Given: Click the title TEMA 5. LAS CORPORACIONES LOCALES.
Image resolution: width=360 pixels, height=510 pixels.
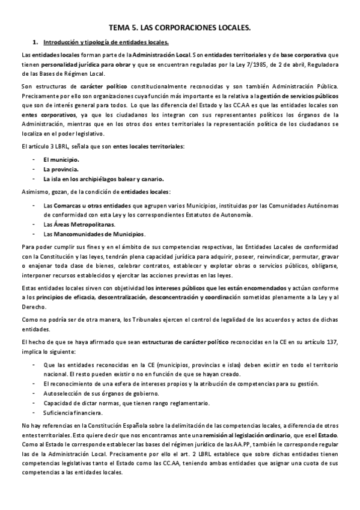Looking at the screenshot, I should (x=180, y=28).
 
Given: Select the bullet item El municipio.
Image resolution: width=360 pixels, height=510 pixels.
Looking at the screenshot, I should (x=61, y=159).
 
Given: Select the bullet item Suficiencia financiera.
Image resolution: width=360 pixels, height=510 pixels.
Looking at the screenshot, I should (x=73, y=413).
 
